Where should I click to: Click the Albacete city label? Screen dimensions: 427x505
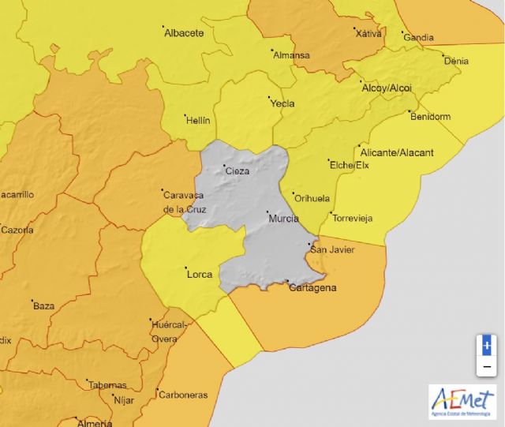[x=185, y=33]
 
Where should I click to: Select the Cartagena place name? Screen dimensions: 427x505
[x=312, y=288]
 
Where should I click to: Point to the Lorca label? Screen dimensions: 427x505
[x=199, y=275]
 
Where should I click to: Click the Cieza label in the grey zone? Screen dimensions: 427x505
[x=238, y=171]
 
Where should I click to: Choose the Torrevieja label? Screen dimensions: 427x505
[x=352, y=219]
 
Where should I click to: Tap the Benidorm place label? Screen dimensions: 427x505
[x=430, y=117]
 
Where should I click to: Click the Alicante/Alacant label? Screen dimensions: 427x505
[x=396, y=152]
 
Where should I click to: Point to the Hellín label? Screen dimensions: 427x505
[x=197, y=121]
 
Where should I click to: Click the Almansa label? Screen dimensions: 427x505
[x=291, y=56]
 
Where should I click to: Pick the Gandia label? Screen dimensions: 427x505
[x=418, y=37]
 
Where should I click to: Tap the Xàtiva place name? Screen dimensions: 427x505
[x=368, y=34]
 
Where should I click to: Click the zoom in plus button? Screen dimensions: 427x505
[x=487, y=345]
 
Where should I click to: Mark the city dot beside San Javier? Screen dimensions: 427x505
[x=309, y=245]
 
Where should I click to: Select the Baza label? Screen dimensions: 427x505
[x=43, y=305]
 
